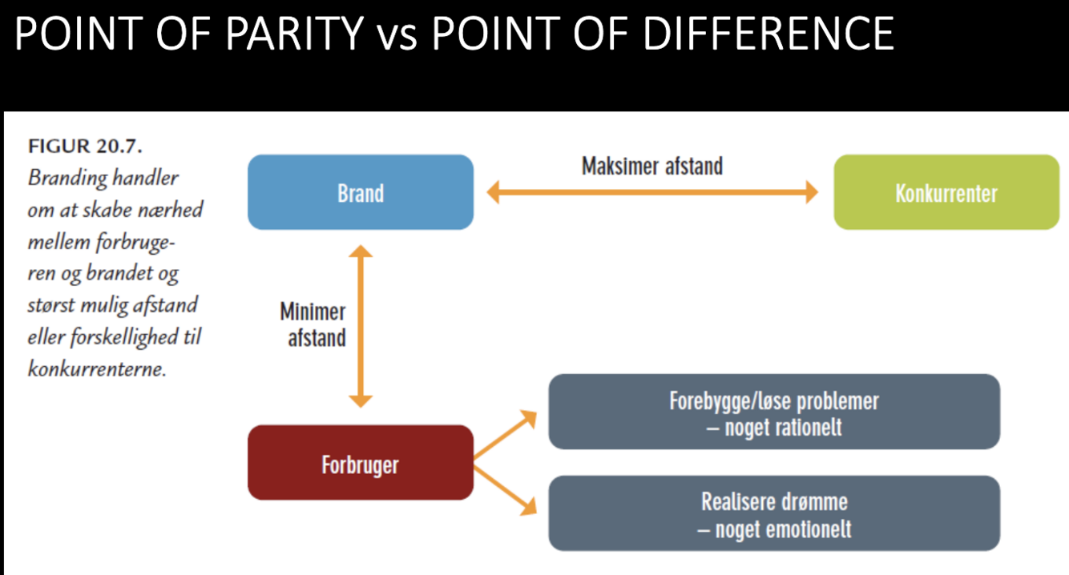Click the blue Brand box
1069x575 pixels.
[360, 192]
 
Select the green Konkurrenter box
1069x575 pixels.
[946, 192]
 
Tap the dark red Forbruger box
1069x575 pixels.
[360, 463]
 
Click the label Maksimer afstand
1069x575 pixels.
[651, 166]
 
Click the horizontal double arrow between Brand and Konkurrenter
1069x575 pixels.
[652, 192]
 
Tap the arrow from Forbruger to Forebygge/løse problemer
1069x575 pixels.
[505, 436]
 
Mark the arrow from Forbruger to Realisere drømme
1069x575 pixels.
[505, 487]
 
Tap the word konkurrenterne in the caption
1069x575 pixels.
[97, 369]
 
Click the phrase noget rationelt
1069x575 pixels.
[783, 427]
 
